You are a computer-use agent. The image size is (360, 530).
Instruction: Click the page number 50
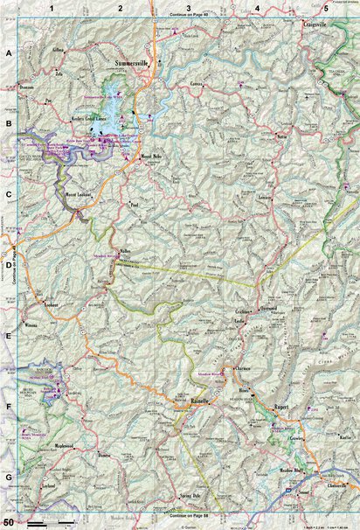point(8,521)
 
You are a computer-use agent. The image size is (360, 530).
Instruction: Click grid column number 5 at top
point(325,8)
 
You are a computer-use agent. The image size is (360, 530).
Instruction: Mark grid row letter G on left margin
point(9,478)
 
